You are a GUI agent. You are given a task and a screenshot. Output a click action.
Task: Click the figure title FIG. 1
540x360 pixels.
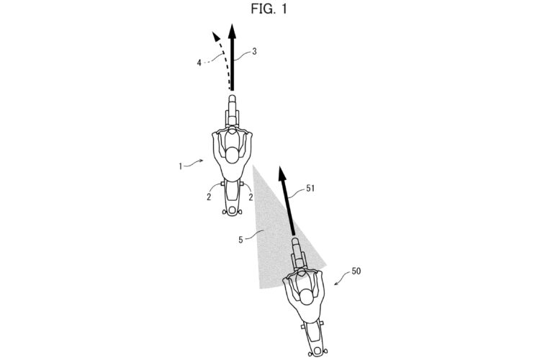click(x=269, y=9)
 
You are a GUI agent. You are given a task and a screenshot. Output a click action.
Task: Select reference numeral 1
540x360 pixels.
click(x=184, y=166)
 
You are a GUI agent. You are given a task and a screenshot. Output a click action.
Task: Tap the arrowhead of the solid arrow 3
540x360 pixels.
click(x=232, y=31)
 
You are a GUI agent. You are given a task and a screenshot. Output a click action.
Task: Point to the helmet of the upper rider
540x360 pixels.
click(x=233, y=158)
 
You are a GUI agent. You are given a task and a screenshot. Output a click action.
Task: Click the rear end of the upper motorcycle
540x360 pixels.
click(x=233, y=210)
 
